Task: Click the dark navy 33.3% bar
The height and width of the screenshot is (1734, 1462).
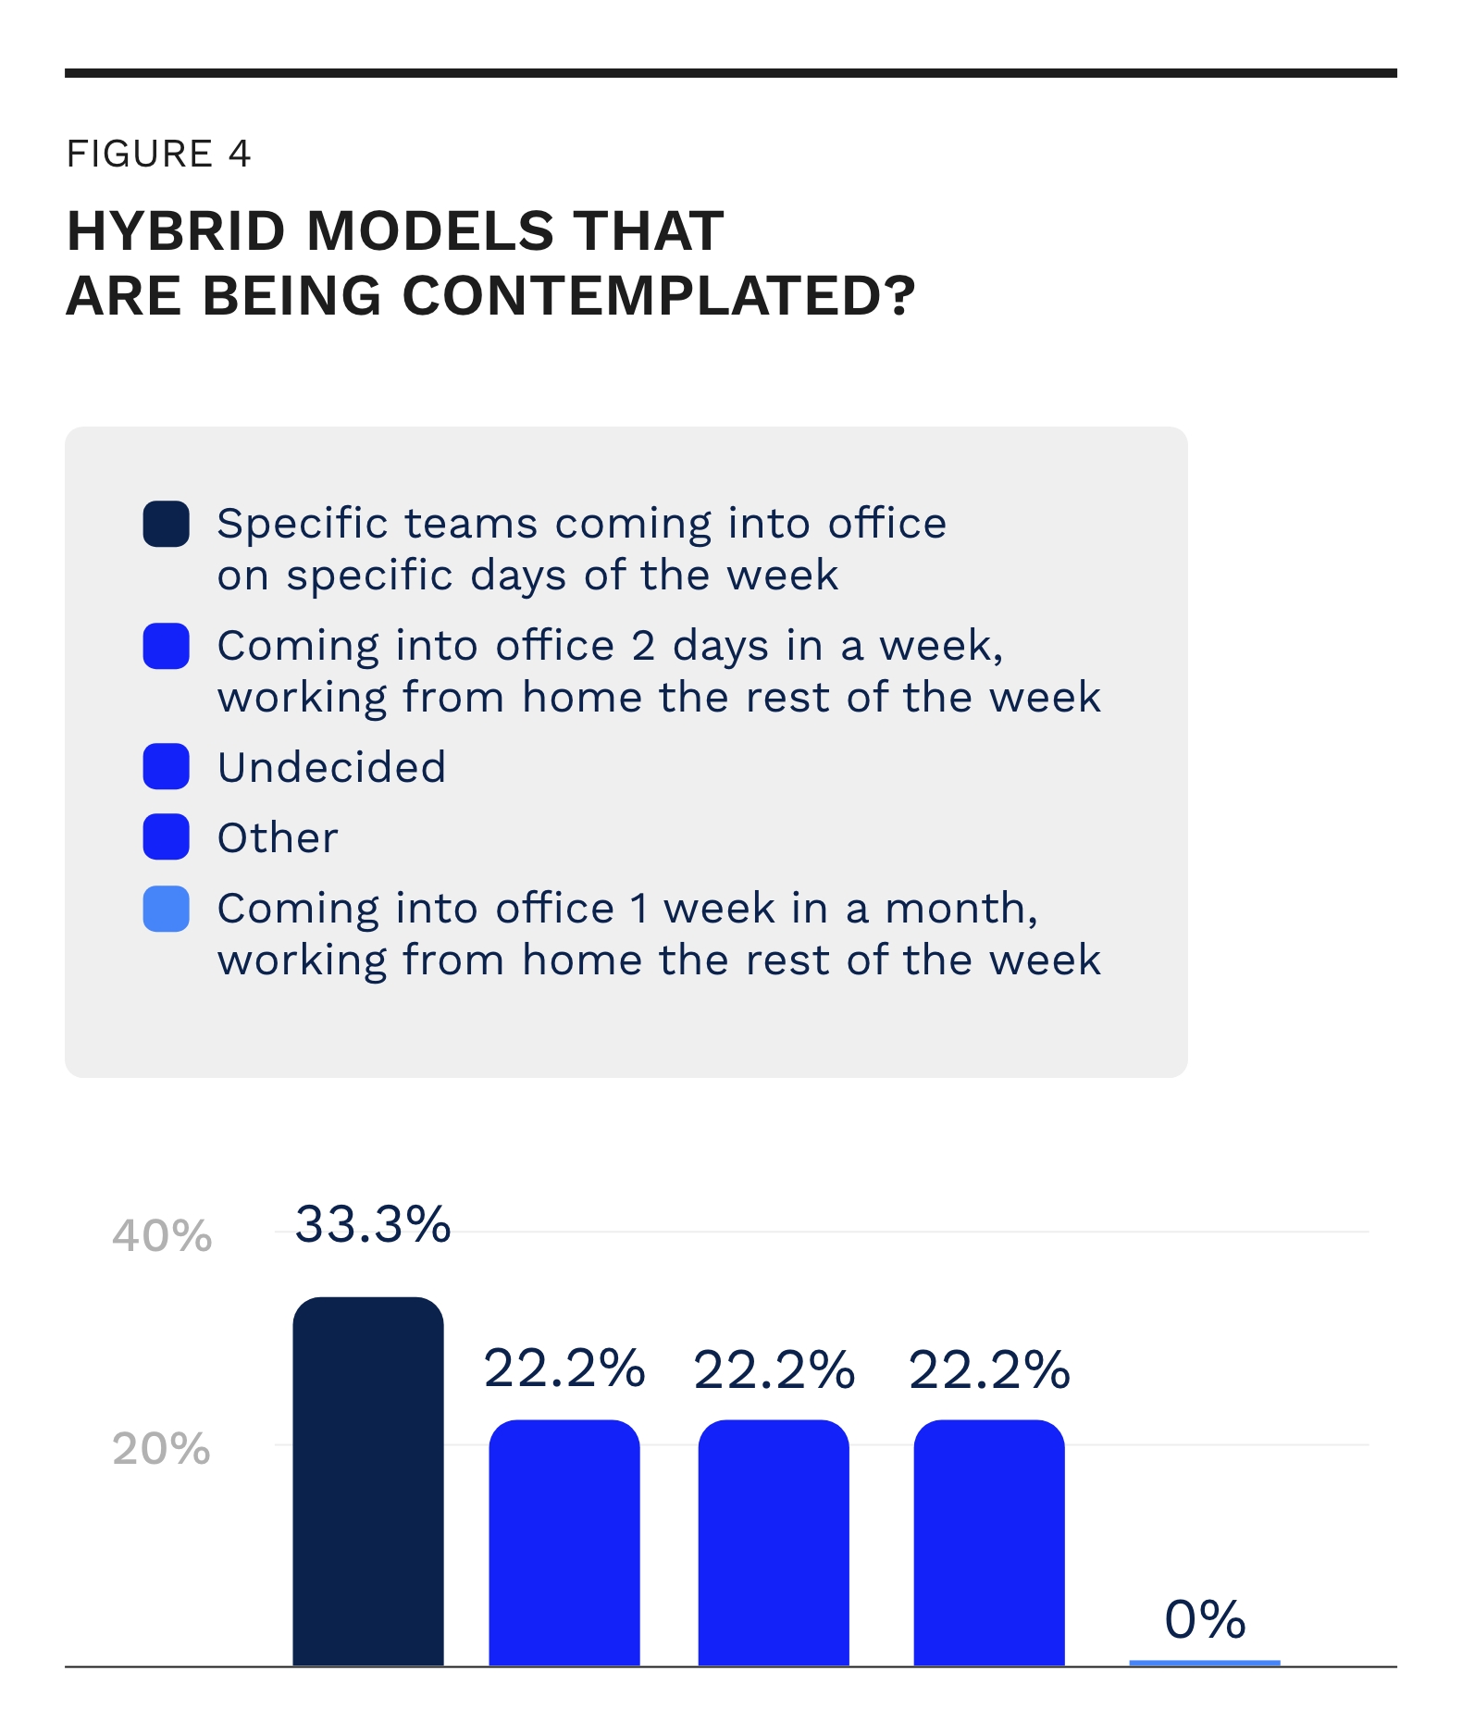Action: (368, 1480)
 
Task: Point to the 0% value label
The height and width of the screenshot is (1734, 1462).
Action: (1205, 1619)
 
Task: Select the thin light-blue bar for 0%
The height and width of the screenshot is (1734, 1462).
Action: (1205, 1663)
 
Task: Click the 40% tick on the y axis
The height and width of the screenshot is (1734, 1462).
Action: (162, 1235)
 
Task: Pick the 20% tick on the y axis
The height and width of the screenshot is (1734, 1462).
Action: (162, 1449)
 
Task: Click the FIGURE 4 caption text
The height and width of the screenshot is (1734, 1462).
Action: (158, 154)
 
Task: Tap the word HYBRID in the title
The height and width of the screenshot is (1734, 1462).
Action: (176, 230)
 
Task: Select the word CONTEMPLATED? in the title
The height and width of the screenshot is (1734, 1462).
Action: (659, 296)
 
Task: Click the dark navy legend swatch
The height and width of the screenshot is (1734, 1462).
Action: (167, 525)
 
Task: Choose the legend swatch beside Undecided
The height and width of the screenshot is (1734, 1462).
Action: (167, 767)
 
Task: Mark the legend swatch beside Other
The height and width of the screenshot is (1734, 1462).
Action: (167, 837)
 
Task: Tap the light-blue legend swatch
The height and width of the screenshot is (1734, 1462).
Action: (167, 909)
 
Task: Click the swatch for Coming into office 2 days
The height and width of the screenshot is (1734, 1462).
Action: (167, 646)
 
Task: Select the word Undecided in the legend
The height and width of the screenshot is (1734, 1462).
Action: (331, 767)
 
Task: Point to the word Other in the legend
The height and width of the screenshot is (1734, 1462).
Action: (278, 838)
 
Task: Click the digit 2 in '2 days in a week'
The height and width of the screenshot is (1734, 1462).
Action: (643, 646)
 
